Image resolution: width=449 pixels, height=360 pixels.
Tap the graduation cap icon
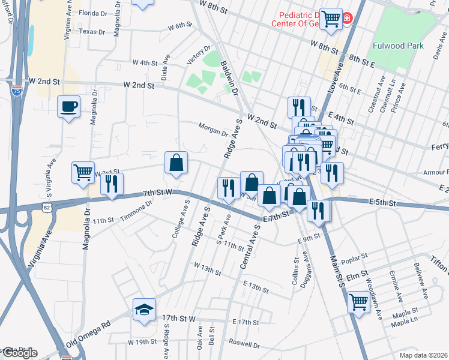pyautogui.click(x=144, y=310)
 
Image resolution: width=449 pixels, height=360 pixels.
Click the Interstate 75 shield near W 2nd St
pyautogui.click(x=17, y=91)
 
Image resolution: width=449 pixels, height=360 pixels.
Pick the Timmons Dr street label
pyautogui.click(x=137, y=213)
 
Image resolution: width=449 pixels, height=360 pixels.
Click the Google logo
pyautogui.click(x=19, y=353)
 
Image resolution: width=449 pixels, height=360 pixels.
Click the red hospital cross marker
pyautogui.click(x=347, y=20)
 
